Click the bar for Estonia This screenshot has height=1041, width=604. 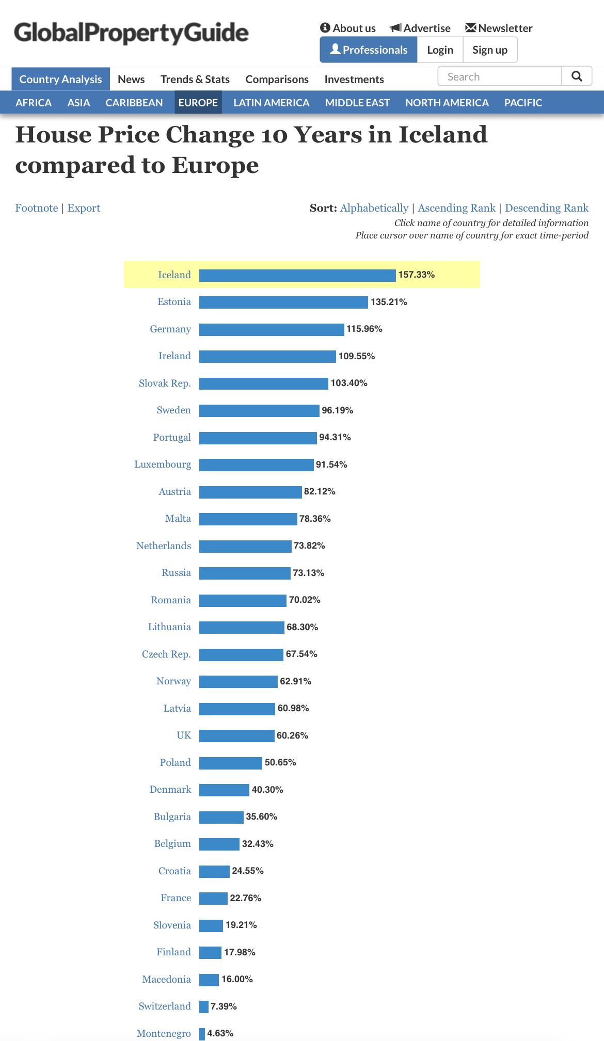pos(283,302)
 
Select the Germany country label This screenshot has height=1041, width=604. pos(170,329)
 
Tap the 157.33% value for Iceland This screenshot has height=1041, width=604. pos(416,275)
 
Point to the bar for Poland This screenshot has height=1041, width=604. pos(231,763)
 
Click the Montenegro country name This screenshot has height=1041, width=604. pos(164,1033)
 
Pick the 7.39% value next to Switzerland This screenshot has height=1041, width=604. pos(224,1006)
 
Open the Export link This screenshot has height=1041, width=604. pos(84,208)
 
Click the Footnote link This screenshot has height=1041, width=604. pos(37,208)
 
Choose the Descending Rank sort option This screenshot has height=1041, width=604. pos(546,208)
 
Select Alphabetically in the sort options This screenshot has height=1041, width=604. pos(374,208)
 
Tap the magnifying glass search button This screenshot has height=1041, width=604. pos(577,76)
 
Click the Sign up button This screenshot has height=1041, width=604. pos(489,50)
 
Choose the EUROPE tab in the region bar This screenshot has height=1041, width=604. pos(198,103)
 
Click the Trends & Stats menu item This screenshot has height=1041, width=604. pos(195,79)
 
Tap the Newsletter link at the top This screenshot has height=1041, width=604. pos(499,28)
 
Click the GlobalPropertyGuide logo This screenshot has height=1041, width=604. pos(131,33)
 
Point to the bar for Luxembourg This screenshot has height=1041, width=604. pos(256,465)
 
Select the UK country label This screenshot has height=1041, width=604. pos(184,735)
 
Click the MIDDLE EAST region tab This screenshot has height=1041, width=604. pos(357,103)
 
